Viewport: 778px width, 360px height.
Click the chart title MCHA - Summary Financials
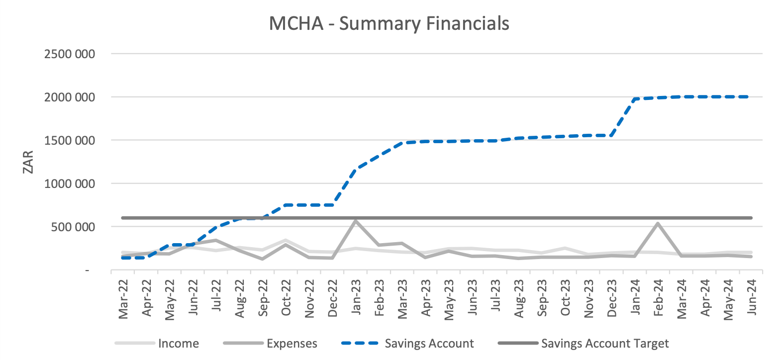coord(389,23)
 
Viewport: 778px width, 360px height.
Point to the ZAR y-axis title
coord(28,162)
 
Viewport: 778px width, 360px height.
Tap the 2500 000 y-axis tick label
coord(70,54)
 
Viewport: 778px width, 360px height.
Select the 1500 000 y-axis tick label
coord(70,141)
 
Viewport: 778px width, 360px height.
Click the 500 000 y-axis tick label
coord(73,227)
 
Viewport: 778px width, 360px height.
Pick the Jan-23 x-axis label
coord(356,297)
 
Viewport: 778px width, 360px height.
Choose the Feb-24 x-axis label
coord(658,297)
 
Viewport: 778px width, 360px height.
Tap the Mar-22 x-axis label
coord(123,298)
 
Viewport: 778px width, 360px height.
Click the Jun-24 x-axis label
coord(751,297)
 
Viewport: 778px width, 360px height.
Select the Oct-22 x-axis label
coord(286,297)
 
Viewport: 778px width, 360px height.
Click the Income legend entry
coord(157,343)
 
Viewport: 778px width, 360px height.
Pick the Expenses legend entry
coord(270,343)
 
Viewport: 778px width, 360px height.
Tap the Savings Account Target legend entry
coord(583,343)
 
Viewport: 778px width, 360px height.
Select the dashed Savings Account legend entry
coord(408,343)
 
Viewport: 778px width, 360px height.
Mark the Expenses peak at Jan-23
coord(355,221)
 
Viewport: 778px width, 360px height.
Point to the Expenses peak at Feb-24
coord(658,223)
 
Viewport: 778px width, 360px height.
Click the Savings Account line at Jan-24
coord(635,99)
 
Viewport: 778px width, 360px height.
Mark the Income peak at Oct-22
coord(286,240)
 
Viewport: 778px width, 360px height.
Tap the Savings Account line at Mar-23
coord(402,143)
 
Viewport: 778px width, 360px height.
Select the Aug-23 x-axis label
coord(518,298)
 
